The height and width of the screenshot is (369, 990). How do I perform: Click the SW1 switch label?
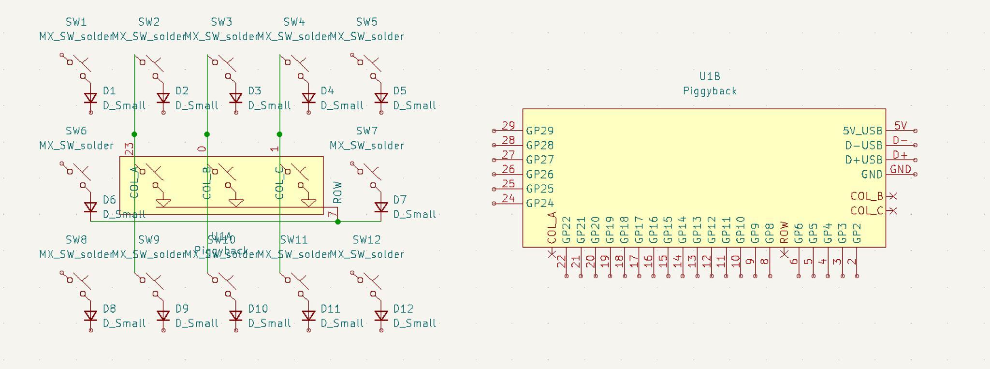pos(76,22)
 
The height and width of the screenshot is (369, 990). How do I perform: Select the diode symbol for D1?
pos(91,99)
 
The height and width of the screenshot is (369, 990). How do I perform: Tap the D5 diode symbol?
pos(381,99)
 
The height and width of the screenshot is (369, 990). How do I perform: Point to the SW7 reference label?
pos(366,131)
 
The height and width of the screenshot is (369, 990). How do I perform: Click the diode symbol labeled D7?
pos(381,207)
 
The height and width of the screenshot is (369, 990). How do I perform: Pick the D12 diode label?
pos(403,309)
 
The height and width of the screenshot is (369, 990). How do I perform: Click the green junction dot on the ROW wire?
pos(338,222)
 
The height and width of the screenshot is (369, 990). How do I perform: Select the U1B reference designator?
pos(710,76)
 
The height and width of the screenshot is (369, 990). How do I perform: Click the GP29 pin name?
pos(540,131)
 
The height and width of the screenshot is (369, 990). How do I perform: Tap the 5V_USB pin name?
pos(862,131)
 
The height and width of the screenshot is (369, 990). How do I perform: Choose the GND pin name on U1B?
pos(872,175)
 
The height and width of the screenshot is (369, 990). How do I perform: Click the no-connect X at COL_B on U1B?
pos(893,196)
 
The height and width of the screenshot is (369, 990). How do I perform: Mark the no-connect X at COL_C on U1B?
pos(893,211)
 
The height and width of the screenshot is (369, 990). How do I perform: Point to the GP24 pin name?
pos(540,204)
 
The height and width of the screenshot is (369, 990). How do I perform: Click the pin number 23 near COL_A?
pos(130,148)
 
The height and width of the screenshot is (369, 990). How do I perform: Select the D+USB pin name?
pos(864,160)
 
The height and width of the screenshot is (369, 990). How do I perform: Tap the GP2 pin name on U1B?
pos(857,233)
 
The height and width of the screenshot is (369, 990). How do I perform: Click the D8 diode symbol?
pos(91,316)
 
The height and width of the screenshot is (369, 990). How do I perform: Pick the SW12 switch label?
pos(366,240)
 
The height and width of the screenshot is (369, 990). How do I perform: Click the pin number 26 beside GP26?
pos(508,169)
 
